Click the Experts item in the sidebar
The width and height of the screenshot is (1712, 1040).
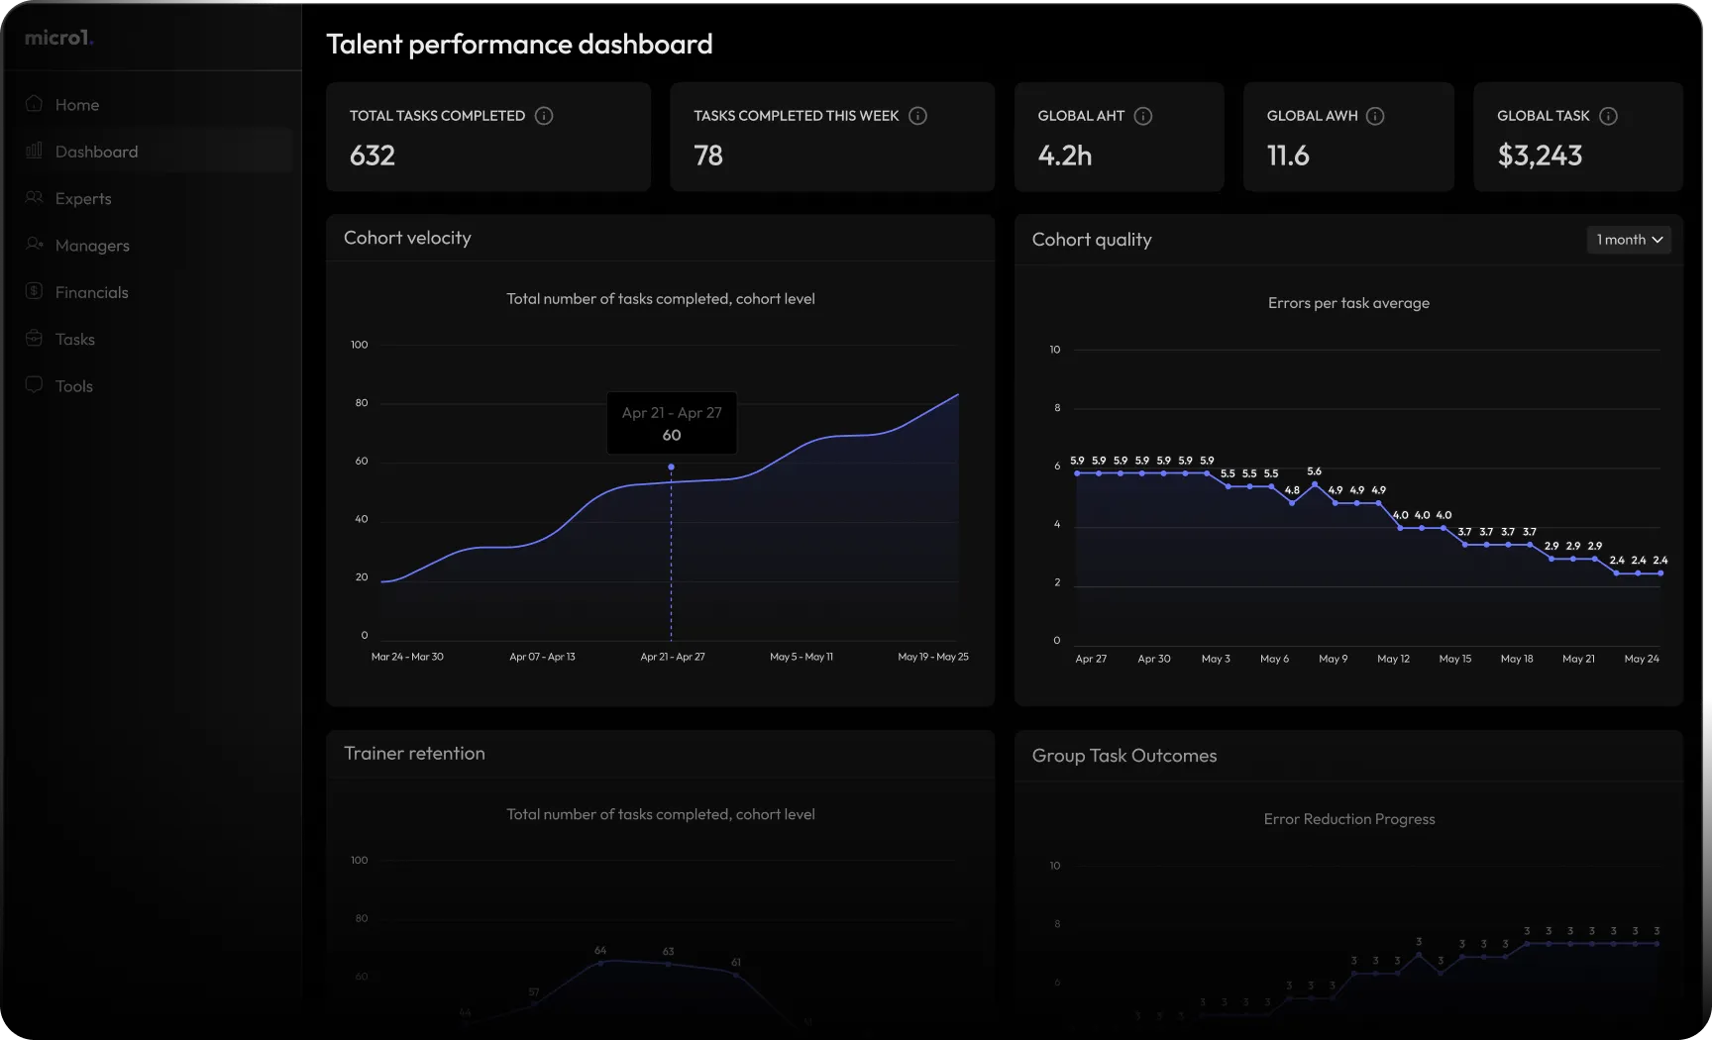83,198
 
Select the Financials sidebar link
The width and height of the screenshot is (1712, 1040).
91,292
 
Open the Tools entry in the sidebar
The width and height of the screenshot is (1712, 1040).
73,386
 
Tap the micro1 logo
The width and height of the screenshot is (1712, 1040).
58,38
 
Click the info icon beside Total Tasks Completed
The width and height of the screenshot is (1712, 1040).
544,116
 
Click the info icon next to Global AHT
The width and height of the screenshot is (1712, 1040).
1142,116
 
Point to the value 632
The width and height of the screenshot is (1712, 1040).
373,156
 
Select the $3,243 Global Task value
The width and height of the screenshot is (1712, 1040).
1540,156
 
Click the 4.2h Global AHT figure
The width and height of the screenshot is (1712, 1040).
1064,156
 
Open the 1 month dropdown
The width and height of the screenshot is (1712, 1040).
1629,240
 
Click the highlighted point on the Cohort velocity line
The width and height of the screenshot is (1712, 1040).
671,467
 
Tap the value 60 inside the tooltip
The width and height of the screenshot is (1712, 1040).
672,435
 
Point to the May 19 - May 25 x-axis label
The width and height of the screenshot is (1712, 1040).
933,657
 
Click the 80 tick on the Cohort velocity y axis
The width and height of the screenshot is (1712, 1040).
362,403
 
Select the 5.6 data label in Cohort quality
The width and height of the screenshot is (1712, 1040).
1314,471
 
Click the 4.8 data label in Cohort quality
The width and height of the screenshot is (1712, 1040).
1292,490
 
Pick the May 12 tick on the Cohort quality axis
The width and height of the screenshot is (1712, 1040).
1393,659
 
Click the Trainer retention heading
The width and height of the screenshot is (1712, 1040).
414,754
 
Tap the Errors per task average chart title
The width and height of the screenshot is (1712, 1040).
1348,303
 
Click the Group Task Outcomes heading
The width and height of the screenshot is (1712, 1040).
1124,756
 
